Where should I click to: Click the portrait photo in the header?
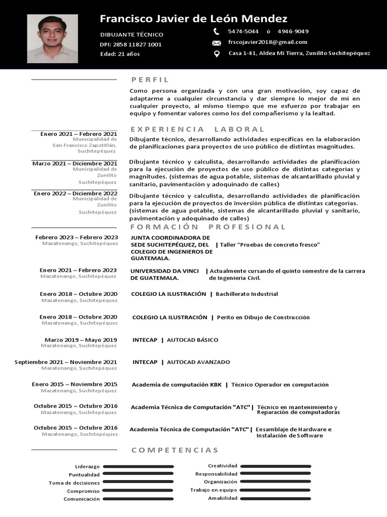click(x=52, y=38)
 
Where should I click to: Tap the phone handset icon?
click(x=216, y=31)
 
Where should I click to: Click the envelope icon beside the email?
click(x=217, y=43)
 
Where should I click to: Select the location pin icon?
click(x=217, y=54)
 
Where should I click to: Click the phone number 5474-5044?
click(x=243, y=31)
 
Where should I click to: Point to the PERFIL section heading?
click(x=150, y=79)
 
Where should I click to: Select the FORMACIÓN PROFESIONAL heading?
click(x=208, y=227)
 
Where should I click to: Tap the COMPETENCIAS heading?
click(x=175, y=450)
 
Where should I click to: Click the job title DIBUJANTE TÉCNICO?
click(x=132, y=35)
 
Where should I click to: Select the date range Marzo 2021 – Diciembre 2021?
click(x=75, y=164)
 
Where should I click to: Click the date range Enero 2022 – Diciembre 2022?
click(x=76, y=193)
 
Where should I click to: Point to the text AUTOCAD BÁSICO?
click(x=192, y=340)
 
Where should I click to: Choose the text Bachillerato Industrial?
click(x=246, y=294)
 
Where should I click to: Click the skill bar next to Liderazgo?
click(x=138, y=467)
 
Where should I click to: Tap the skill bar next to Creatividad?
click(x=275, y=466)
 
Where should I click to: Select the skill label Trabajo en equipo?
click(x=213, y=490)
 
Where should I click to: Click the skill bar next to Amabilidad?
click(x=275, y=498)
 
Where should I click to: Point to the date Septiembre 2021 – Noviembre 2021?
click(x=66, y=362)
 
